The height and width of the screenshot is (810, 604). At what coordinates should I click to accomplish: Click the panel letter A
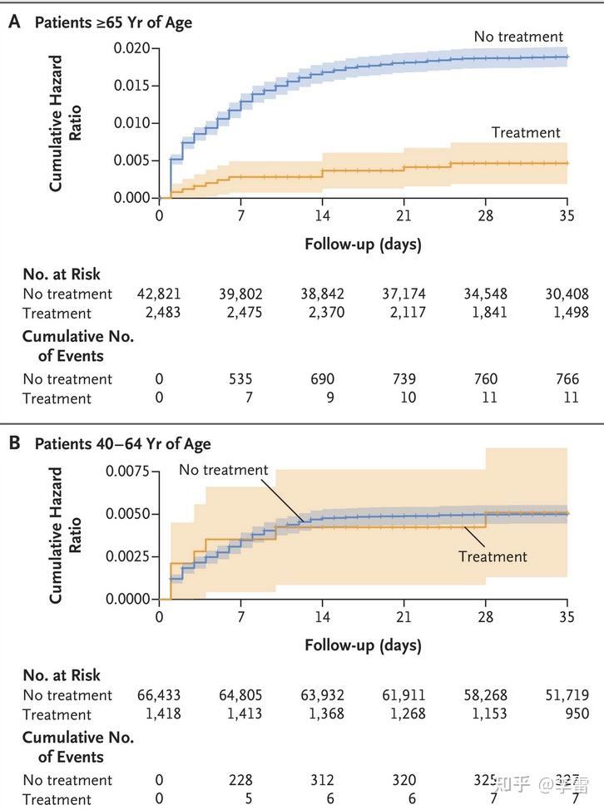14,22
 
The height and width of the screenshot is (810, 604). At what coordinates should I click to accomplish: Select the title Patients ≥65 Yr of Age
113,22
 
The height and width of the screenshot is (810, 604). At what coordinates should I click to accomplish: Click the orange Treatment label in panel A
526,132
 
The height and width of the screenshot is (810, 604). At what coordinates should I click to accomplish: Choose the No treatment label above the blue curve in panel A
518,37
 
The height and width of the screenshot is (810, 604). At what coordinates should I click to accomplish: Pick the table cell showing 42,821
159,294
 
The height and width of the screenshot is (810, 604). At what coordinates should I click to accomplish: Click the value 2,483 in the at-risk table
159,313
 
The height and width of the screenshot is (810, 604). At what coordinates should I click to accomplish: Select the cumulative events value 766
567,378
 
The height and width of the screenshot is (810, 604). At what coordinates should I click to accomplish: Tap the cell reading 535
240,378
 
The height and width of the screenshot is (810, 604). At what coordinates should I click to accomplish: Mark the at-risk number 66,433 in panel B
159,694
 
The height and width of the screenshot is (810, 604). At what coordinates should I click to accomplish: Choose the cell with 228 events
240,780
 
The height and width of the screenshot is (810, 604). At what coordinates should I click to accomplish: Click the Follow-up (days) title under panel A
363,244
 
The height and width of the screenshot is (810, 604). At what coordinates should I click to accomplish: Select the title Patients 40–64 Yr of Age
122,444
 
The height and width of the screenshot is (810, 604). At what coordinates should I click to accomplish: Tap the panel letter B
14,443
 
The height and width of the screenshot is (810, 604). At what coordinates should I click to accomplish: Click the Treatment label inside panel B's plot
493,556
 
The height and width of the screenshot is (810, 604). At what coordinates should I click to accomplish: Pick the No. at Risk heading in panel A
62,273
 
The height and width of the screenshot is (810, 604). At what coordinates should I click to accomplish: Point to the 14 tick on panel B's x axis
322,617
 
